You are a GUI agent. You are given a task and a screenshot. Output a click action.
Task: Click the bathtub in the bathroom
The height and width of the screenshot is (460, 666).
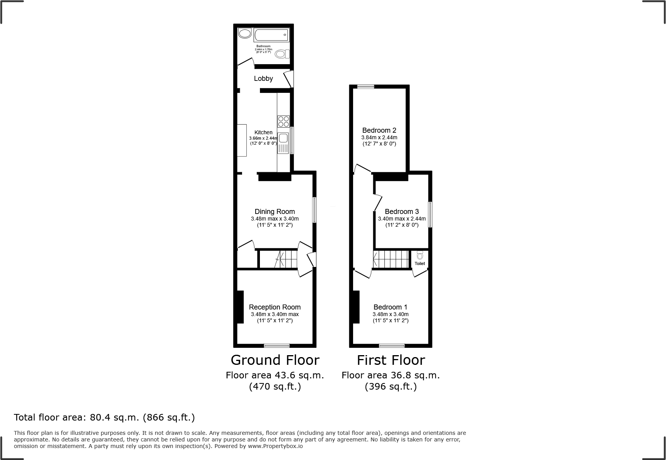[271, 35]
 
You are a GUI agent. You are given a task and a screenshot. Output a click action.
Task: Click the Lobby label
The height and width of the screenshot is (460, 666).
[263, 79]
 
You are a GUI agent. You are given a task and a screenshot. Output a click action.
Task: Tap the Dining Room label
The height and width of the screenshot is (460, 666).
[275, 212]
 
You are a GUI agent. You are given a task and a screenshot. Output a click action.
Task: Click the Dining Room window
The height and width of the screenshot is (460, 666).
[314, 210]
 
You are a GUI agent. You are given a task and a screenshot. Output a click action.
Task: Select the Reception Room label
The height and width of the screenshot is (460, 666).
[275, 307]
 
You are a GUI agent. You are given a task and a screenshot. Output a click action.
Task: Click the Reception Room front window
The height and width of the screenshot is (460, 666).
[277, 345]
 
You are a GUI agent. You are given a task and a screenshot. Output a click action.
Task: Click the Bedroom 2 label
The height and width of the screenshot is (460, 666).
[379, 130]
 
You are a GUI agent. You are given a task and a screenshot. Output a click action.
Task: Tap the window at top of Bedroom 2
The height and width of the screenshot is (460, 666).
[365, 87]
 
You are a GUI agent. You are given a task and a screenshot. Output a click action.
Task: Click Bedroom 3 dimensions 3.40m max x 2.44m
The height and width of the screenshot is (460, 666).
[401, 219]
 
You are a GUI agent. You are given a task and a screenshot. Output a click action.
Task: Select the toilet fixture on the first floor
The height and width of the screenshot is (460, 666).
[420, 256]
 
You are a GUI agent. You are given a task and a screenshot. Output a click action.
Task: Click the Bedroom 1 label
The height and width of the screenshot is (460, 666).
[390, 307]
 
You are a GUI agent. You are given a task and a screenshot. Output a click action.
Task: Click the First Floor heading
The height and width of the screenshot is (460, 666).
[391, 360]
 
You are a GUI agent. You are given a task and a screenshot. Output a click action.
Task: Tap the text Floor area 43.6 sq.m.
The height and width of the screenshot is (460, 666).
[275, 375]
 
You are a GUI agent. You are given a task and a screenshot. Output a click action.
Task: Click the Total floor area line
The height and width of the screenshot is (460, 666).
[104, 417]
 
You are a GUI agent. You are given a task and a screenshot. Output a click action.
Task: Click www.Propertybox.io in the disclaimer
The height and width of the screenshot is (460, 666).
[275, 446]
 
